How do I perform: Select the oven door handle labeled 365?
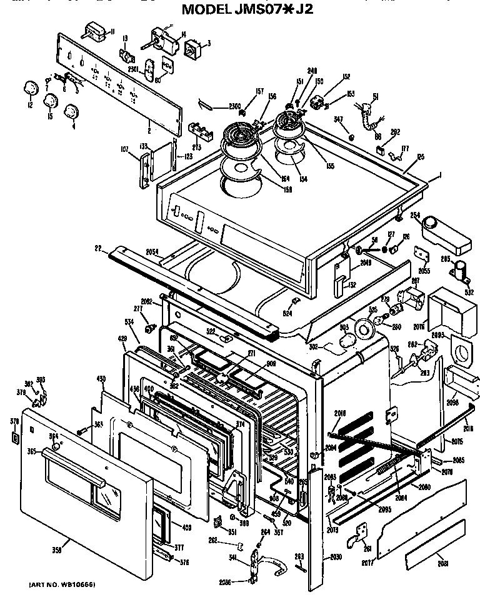point(72,466)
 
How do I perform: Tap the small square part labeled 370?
point(15,436)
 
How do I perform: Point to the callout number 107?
point(125,149)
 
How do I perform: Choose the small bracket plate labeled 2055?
point(424,257)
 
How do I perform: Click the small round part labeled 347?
point(352,136)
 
